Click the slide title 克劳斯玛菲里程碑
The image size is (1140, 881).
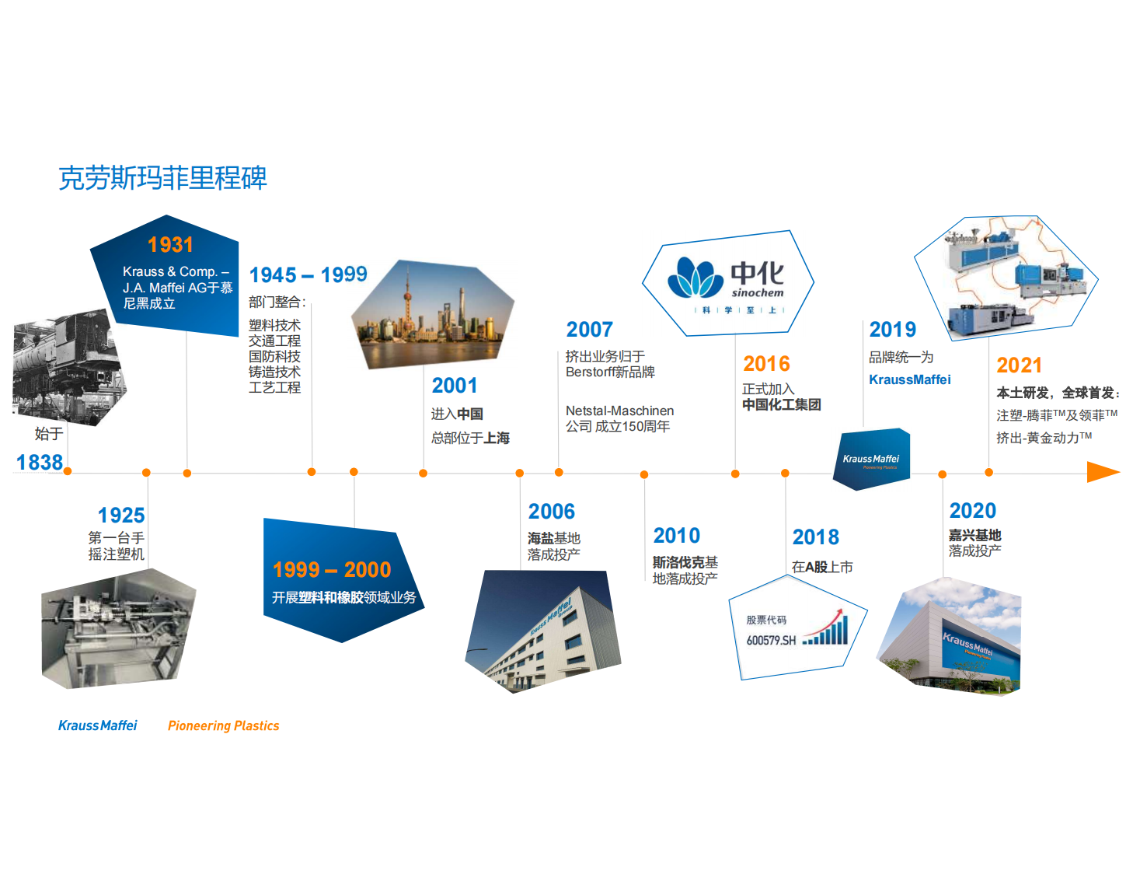tap(162, 177)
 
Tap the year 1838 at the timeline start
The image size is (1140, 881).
tap(40, 463)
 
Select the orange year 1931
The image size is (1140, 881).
tap(170, 244)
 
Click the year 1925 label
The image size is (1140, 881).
tap(121, 516)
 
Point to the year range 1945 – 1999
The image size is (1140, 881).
tap(308, 274)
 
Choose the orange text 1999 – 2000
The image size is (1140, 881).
tap(332, 570)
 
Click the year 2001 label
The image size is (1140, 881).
tap(455, 386)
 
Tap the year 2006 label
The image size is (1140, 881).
tap(552, 512)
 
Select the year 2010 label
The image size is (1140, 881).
tap(677, 536)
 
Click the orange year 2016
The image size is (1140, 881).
tap(766, 364)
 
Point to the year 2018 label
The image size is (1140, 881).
tap(816, 537)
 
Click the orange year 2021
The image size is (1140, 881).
tap(1020, 365)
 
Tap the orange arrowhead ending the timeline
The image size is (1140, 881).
tap(1103, 472)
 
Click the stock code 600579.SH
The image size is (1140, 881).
tap(771, 641)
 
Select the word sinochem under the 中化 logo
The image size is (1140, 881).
tap(758, 293)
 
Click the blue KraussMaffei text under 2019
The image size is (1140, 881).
tap(910, 380)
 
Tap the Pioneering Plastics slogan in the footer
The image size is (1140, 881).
tap(224, 725)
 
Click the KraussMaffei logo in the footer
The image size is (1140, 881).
tap(98, 725)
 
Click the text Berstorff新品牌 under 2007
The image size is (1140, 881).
tap(610, 372)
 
